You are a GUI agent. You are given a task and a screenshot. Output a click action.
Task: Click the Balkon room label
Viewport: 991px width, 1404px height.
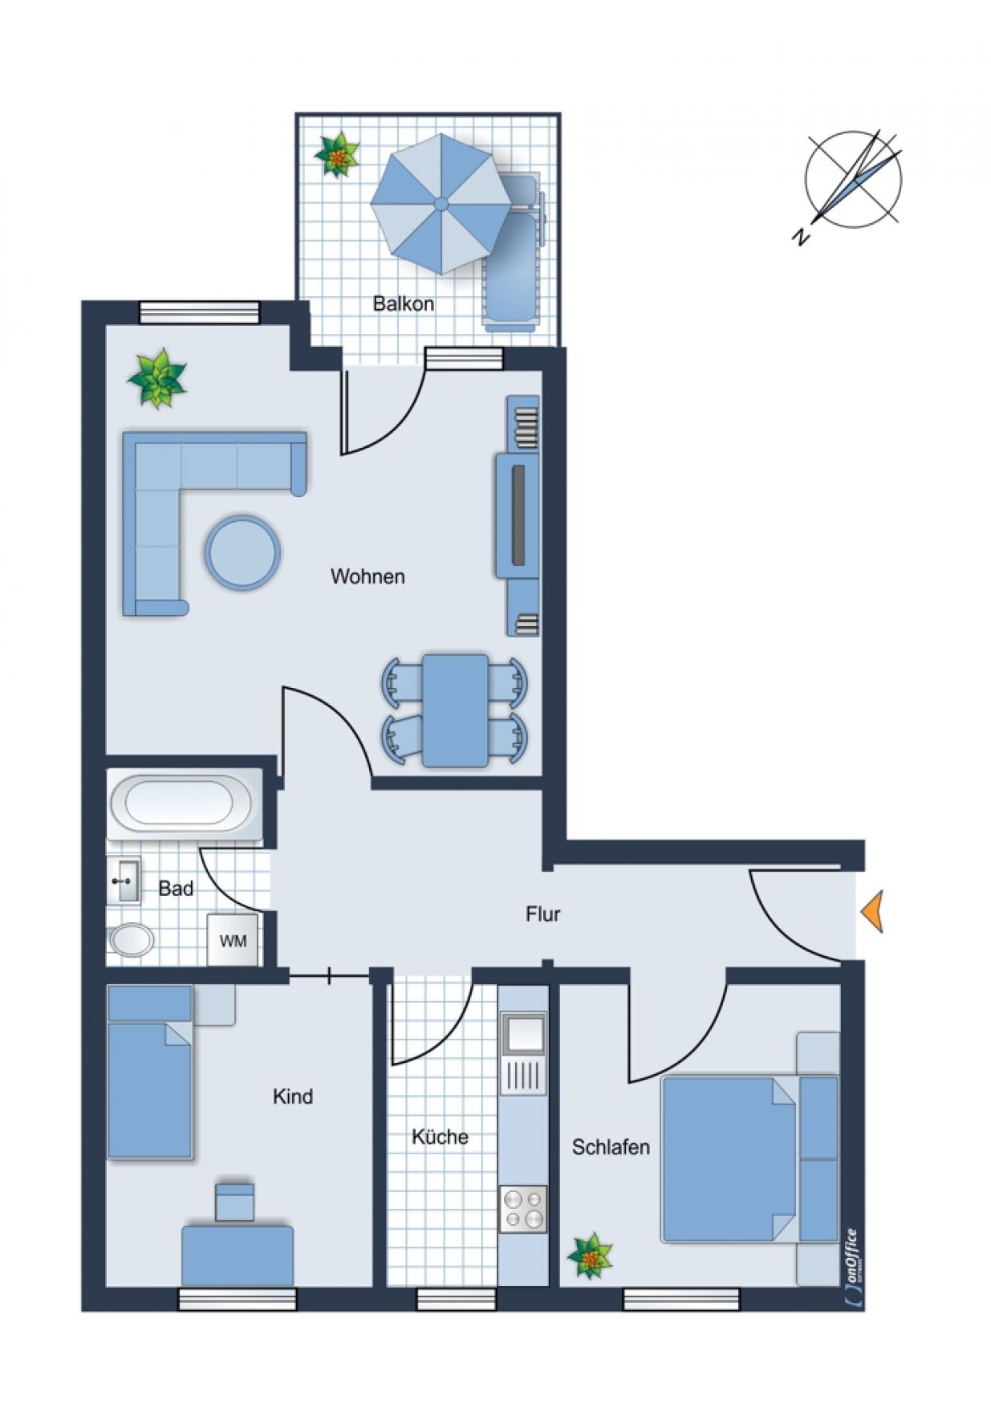coord(404,303)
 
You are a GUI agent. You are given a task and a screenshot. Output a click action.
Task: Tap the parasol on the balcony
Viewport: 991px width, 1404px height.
coord(441,204)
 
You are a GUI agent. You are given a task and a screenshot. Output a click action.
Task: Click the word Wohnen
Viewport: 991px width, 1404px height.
coord(368,576)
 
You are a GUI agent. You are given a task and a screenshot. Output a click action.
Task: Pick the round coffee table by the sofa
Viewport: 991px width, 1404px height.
coord(242,553)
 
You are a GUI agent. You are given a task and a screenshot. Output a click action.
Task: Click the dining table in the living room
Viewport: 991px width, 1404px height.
coord(455,710)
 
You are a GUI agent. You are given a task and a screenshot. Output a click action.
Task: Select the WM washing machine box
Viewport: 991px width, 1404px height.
coord(233,940)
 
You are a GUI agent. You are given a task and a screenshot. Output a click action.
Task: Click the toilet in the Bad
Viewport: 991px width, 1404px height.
coord(130,940)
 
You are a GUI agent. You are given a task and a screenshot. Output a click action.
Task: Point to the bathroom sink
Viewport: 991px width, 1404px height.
coord(124,881)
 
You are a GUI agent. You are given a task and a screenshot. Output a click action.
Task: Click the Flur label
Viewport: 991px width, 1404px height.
coord(543,914)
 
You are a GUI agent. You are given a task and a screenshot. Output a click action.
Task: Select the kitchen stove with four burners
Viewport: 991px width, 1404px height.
coord(523,1209)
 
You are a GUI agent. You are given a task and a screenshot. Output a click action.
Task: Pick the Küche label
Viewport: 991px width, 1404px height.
coord(440,1137)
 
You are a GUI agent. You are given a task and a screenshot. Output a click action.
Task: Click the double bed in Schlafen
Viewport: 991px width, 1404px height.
coord(749,1159)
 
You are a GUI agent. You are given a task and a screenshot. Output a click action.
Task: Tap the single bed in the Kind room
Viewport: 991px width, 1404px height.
coord(151,1072)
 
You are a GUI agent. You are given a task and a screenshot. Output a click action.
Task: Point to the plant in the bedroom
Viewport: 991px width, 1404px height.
coord(590,1255)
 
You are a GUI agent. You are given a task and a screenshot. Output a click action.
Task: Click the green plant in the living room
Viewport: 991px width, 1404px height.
coord(157,378)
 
